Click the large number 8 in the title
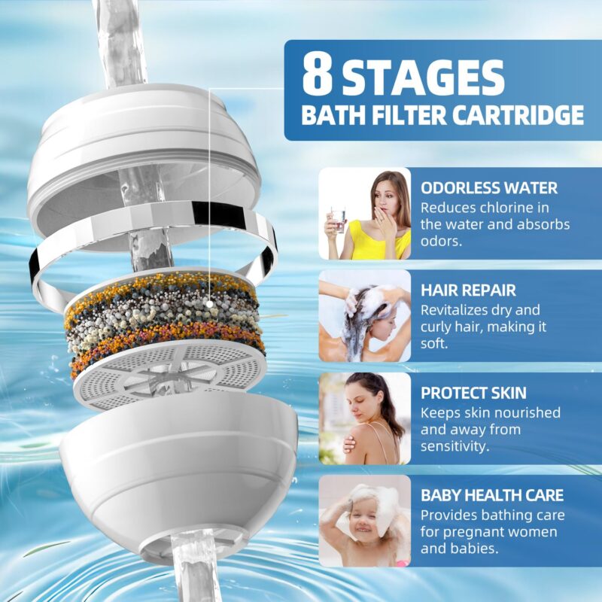[318, 74]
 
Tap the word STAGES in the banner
[423, 78]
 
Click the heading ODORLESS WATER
[488, 187]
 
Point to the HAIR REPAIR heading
[468, 290]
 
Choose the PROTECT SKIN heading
[473, 393]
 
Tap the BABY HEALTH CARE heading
[492, 495]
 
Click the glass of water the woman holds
[338, 220]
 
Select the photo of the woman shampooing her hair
[365, 316]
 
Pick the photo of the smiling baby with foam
[365, 521]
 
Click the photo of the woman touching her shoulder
[365, 418]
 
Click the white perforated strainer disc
[169, 374]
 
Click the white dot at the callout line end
[209, 304]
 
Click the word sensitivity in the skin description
[455, 447]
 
